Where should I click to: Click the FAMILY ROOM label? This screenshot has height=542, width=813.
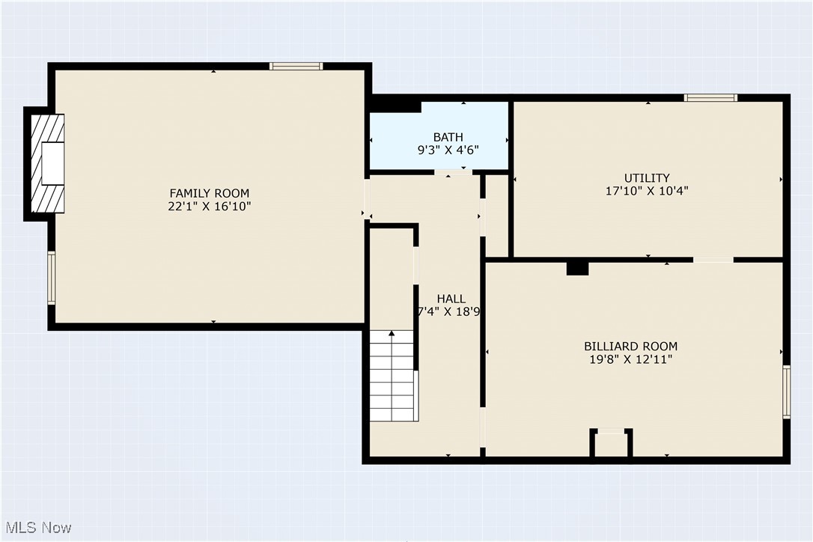click(x=209, y=193)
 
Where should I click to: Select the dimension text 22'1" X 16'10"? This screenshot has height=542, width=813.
click(x=209, y=207)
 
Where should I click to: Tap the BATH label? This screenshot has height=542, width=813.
click(x=448, y=137)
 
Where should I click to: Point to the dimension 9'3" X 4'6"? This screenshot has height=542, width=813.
click(x=448, y=150)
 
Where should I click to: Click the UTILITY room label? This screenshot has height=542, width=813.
click(x=647, y=177)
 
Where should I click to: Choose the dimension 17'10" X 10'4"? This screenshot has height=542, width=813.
click(x=647, y=191)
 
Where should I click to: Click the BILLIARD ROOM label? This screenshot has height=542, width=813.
click(x=630, y=346)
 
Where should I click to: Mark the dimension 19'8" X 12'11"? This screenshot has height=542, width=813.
click(x=630, y=359)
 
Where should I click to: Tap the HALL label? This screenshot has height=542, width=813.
click(x=451, y=299)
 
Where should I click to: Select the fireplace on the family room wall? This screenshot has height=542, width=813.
click(x=46, y=165)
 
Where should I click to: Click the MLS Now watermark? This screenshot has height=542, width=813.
click(x=37, y=528)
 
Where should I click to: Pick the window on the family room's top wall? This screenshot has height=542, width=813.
click(x=296, y=66)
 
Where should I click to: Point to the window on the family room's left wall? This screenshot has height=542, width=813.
click(x=52, y=278)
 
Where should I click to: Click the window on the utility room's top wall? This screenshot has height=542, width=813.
click(x=710, y=97)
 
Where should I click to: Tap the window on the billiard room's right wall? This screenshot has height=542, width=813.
click(x=786, y=392)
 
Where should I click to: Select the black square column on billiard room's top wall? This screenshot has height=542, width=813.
click(x=577, y=267)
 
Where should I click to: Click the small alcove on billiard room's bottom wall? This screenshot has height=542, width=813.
click(x=611, y=443)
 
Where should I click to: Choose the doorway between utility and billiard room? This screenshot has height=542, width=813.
click(x=713, y=259)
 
